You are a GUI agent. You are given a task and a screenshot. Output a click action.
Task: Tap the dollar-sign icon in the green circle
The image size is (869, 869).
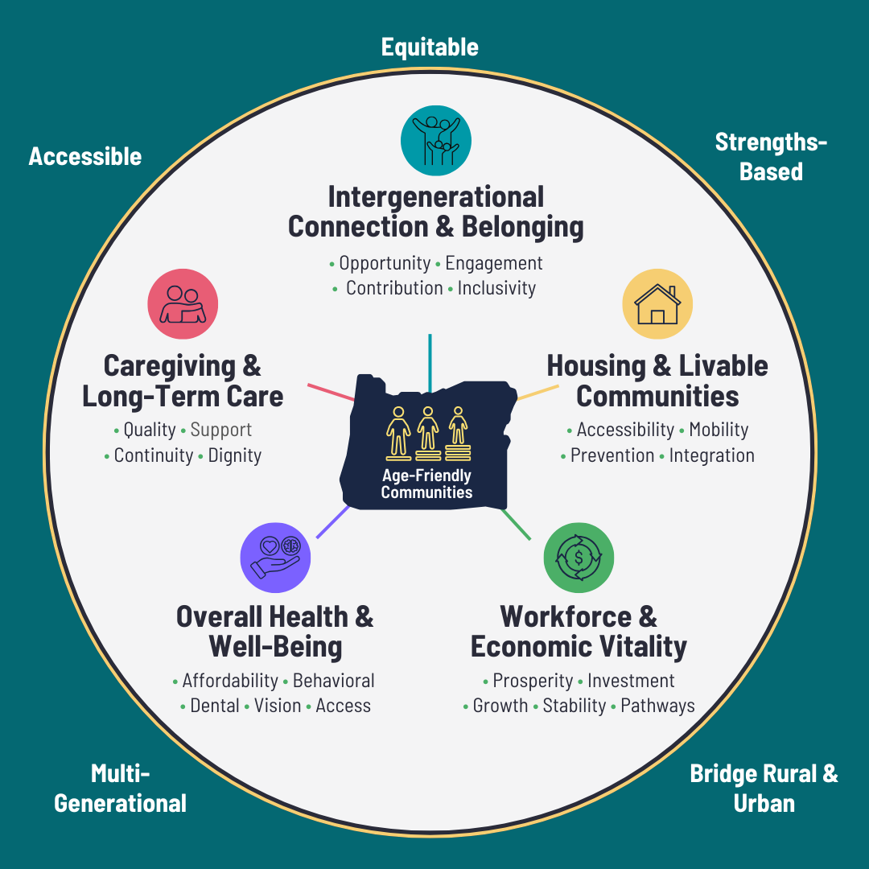579,558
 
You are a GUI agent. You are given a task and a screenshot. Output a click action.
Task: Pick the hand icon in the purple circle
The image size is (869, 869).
275,558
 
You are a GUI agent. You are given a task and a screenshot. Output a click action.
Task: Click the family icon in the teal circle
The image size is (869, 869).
436,141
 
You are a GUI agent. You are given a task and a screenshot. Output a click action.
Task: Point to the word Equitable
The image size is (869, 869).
430,47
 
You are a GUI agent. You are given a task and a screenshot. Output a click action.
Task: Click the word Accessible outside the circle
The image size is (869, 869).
85,156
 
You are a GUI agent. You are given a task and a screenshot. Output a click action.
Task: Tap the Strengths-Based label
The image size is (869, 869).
771,157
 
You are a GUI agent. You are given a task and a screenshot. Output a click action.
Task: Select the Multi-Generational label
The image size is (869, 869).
120,788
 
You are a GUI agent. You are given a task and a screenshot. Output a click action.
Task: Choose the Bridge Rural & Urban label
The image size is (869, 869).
764,788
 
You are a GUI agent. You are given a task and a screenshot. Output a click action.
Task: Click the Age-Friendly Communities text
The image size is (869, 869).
426,484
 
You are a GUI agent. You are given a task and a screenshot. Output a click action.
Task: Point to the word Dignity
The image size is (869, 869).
234,455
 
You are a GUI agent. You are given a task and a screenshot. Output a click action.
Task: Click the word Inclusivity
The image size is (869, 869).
496,288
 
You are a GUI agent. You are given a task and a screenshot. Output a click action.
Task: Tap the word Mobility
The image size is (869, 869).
719,430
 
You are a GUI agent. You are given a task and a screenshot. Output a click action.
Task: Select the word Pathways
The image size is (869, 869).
658,706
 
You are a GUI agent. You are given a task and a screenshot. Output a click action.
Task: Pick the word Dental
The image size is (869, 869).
215,706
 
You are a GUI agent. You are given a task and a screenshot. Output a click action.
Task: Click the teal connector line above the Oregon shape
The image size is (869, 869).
430,363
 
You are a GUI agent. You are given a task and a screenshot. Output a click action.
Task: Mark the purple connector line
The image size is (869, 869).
332,521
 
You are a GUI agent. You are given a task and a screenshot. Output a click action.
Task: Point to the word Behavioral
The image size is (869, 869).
334,681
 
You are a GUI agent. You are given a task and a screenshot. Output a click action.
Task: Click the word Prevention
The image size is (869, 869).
612,455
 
